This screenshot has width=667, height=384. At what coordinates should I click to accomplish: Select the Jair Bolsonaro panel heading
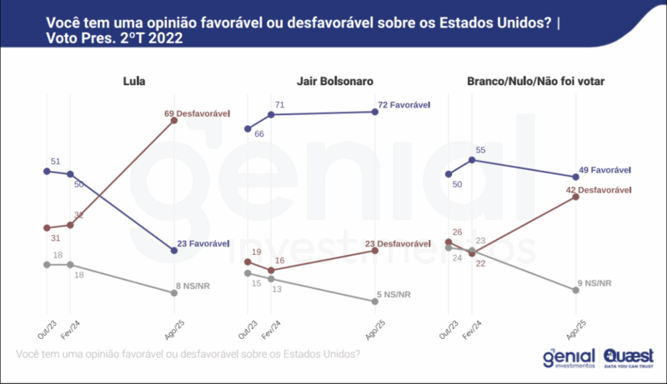[x=333, y=81]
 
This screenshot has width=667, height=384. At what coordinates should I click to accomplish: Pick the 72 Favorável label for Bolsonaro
[x=403, y=105]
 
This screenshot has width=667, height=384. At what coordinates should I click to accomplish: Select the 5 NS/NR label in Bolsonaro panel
[x=395, y=293]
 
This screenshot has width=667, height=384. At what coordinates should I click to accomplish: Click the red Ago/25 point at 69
[x=174, y=120]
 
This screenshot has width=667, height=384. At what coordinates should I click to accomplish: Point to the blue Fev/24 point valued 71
[x=272, y=114]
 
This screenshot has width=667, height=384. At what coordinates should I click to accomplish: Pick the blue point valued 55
[x=472, y=159]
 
